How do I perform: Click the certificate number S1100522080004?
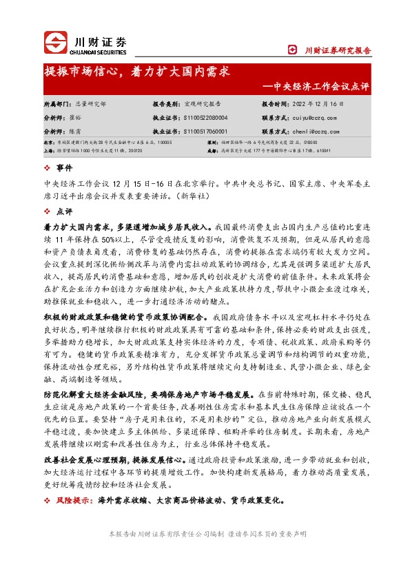205,118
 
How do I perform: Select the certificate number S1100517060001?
205,130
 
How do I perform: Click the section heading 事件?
63,168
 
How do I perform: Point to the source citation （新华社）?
195,196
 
